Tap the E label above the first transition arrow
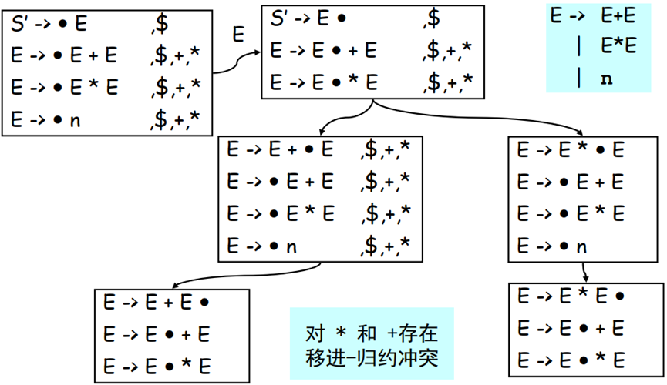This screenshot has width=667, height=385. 238,35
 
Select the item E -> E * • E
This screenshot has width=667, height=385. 571,151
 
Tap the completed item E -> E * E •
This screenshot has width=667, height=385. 571,296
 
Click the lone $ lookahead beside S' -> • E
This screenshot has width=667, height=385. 160,25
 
